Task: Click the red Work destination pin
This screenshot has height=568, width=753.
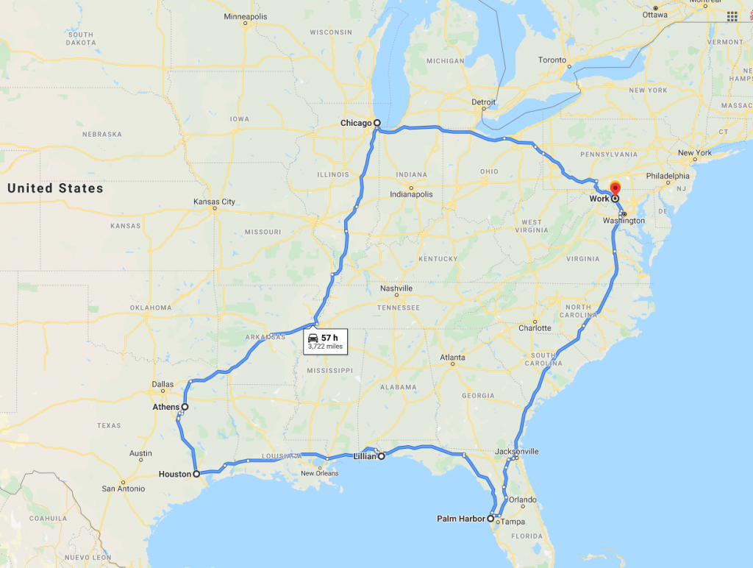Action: (615, 187)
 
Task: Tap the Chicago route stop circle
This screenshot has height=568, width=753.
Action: (376, 124)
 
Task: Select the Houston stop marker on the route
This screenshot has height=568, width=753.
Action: (196, 475)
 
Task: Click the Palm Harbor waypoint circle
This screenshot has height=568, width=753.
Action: (490, 519)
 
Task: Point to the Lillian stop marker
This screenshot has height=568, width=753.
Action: (382, 456)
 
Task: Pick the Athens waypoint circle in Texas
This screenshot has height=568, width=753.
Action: (185, 407)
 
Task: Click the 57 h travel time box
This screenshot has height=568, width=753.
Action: (324, 341)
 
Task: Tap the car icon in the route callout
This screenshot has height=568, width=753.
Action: (313, 338)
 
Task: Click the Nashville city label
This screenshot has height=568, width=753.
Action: (396, 288)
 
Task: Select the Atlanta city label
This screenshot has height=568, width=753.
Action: (452, 358)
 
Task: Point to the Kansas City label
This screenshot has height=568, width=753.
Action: (214, 202)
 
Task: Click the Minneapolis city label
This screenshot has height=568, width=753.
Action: (246, 16)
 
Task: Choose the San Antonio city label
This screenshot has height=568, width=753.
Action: (124, 489)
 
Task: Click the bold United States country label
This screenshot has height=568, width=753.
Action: (55, 188)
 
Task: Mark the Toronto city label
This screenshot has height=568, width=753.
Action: (552, 60)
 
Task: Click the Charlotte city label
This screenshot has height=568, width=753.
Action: (535, 328)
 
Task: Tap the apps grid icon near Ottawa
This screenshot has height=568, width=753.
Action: (732, 16)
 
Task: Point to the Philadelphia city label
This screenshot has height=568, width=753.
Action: (668, 176)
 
